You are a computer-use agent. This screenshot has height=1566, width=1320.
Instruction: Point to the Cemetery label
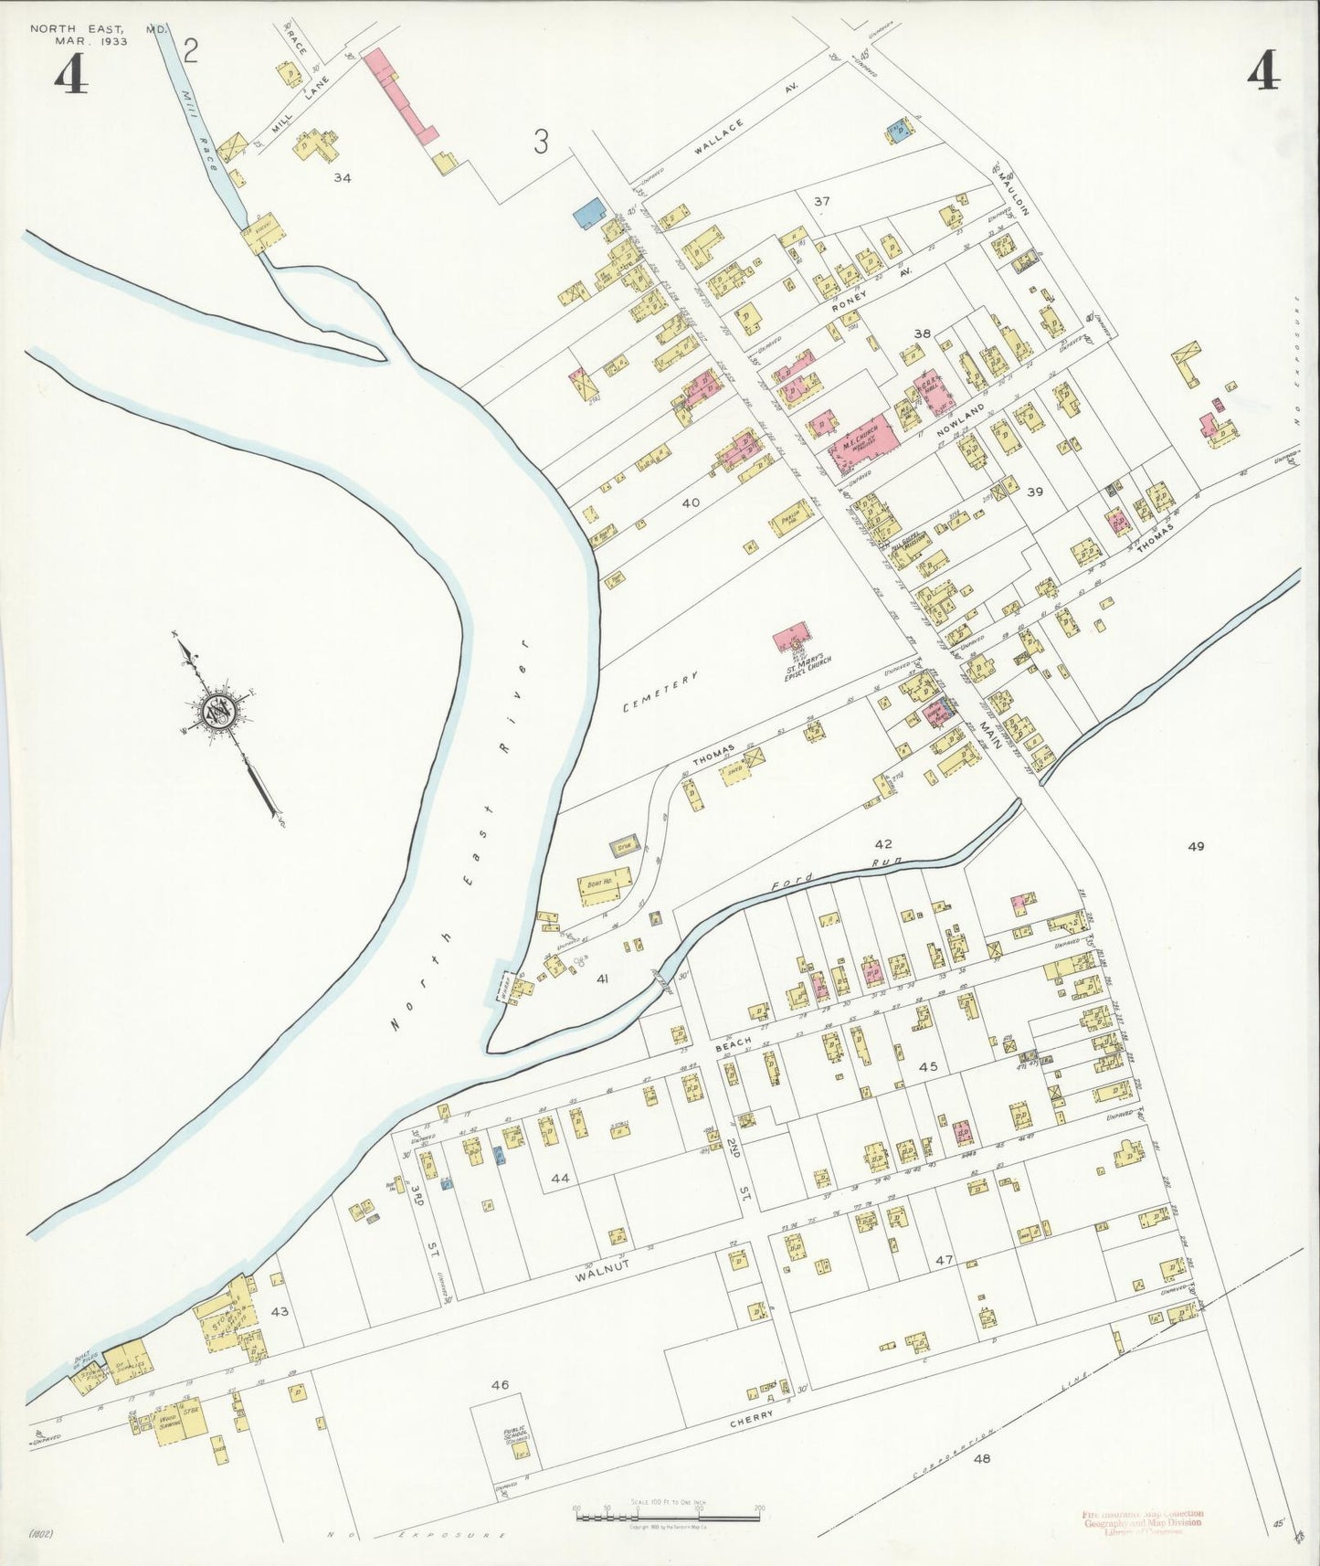pyautogui.click(x=660, y=692)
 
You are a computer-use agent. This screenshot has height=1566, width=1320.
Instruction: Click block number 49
pyautogui.click(x=1195, y=846)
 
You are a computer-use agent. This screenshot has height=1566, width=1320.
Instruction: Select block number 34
pyautogui.click(x=342, y=177)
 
